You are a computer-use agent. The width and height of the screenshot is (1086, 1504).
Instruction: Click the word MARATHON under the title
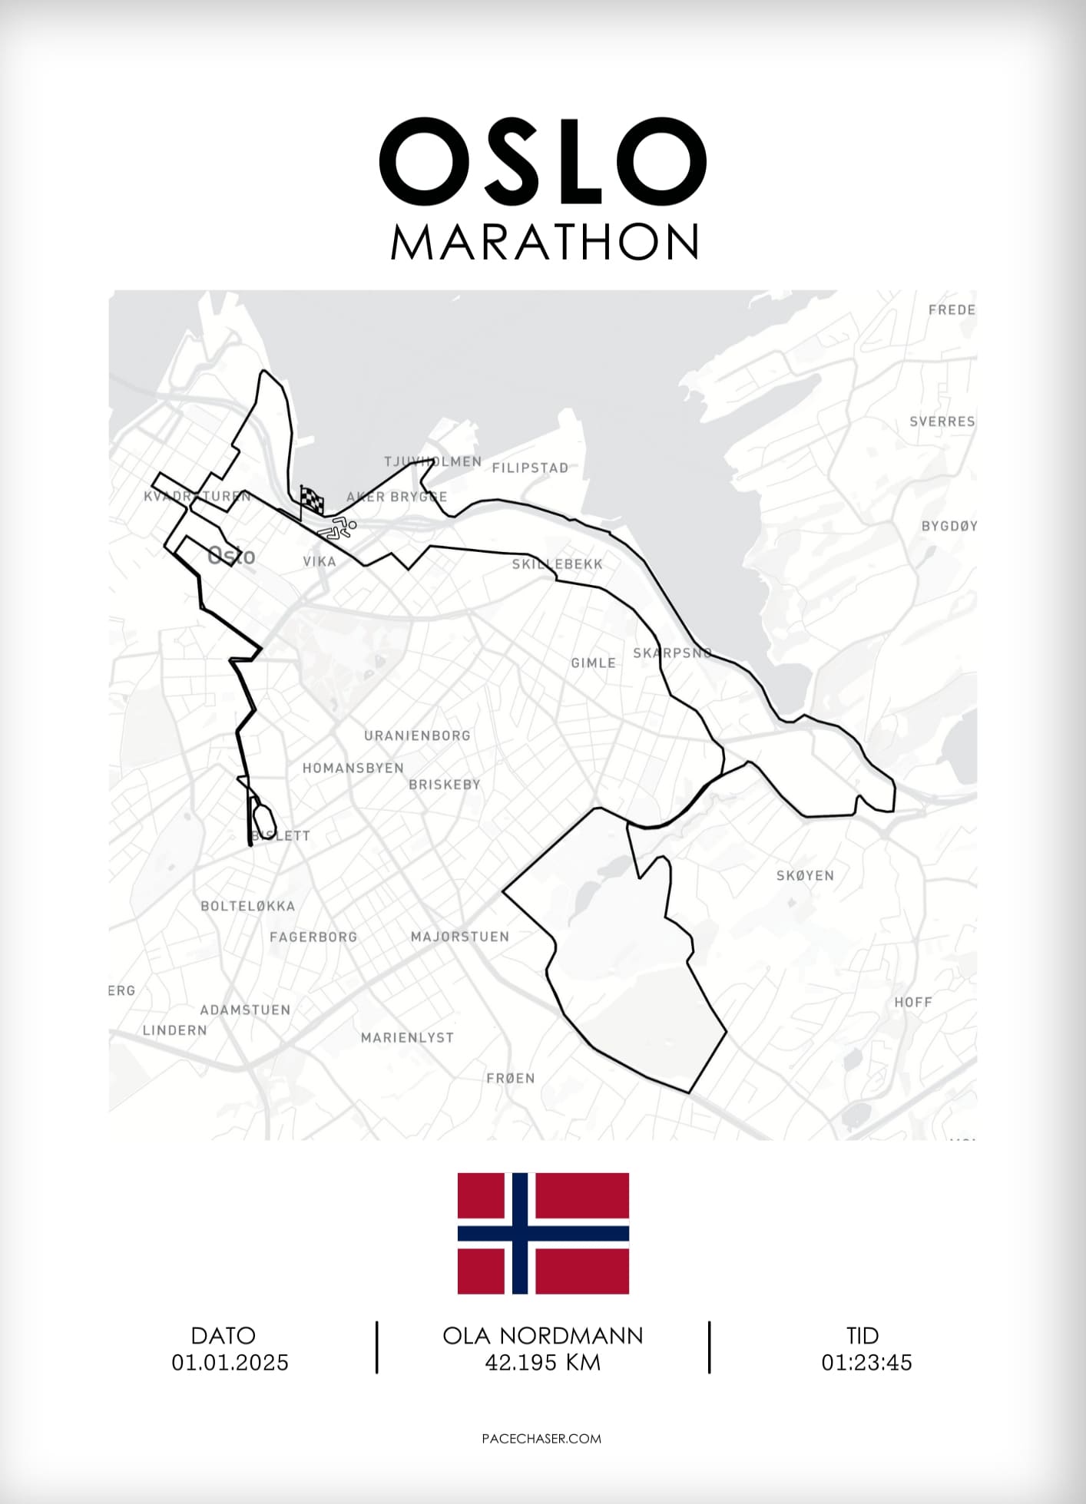pos(544,242)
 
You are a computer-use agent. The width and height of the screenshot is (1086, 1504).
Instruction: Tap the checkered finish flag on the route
pos(312,501)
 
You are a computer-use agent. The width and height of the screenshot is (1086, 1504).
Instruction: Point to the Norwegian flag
pos(543,1233)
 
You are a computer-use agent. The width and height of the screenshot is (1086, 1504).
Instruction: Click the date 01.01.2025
pos(230,1363)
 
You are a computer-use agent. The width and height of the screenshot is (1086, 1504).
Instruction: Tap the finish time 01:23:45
pos(866,1363)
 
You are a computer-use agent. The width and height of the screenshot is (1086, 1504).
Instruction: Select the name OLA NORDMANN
pos(543,1336)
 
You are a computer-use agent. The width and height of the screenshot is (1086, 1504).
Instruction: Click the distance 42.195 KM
pos(543,1363)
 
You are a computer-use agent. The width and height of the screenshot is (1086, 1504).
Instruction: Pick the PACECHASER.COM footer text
pos(541,1439)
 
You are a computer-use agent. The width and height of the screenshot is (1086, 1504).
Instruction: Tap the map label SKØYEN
pos(805,875)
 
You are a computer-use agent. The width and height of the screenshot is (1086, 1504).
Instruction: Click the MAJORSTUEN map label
pos(460,937)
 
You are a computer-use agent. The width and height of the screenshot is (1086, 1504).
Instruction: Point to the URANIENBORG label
pos(417,735)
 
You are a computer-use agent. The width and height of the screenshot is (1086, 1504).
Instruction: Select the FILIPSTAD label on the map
pos(530,468)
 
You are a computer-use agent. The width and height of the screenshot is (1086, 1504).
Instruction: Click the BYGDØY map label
pos(949,526)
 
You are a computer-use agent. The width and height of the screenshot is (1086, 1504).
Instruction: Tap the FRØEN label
pos(510,1078)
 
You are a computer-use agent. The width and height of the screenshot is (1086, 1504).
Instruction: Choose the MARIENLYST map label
pos(407,1037)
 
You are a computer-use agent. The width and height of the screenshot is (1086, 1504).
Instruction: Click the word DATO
pos(223,1336)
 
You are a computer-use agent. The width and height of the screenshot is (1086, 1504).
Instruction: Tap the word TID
pos(863,1336)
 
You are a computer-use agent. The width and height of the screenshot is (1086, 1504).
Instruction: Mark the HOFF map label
pos(912,1002)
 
